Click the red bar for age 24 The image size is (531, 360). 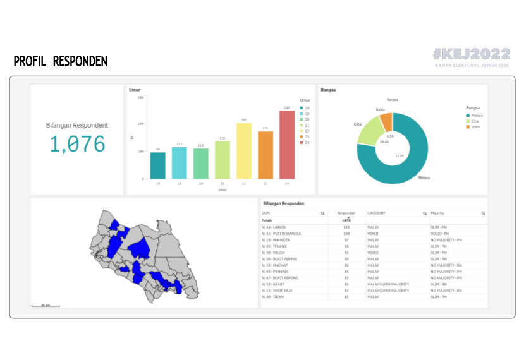[287, 145]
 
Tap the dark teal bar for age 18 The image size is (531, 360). [158, 165]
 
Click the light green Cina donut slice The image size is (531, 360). [371, 131]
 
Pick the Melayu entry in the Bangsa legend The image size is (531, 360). [477, 116]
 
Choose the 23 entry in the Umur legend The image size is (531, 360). [307, 136]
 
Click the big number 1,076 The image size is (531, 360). [77, 144]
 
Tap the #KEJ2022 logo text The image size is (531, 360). [472, 54]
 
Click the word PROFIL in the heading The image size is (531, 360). [30, 61]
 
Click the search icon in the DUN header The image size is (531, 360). [322, 213]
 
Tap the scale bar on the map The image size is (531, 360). [46, 306]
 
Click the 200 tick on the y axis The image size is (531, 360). [141, 124]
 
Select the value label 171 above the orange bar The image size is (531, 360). [265, 128]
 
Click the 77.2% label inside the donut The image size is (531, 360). [399, 155]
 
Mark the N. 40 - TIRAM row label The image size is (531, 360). [274, 297]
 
